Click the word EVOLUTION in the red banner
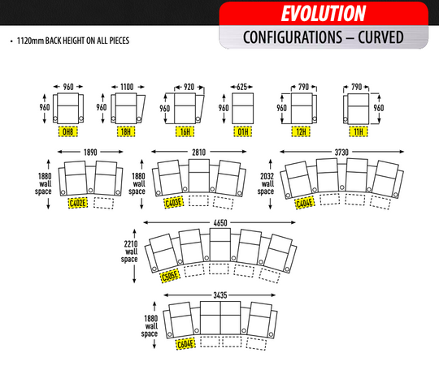pos(324,13)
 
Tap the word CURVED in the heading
pos(380,37)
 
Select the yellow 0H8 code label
pos(68,131)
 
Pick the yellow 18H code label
pos(126,131)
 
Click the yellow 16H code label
pos(185,131)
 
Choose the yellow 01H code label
pos(243,131)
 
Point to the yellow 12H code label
pos(301,131)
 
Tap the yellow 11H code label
pos(359,131)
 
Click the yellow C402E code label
pos(77,203)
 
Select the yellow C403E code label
pos(174,202)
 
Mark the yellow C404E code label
pos(305,203)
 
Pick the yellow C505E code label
pos(170,276)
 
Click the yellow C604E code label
pos(185,344)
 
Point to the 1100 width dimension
pos(127,87)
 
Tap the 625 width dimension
pos(242,87)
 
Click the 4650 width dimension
pos(220,223)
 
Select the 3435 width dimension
pos(220,295)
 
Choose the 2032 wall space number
pos(267,176)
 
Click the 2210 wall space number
pos(131,244)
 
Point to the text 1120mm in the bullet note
pos(31,41)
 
